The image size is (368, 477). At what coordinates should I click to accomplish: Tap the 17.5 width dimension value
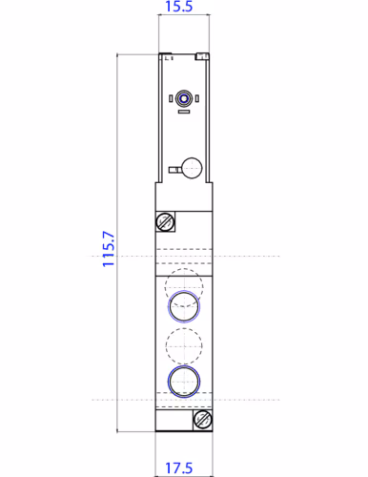182,468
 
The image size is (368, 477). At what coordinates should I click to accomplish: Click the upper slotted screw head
164,222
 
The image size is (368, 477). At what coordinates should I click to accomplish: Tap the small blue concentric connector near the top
183,97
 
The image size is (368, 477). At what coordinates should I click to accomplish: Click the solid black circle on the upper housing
192,169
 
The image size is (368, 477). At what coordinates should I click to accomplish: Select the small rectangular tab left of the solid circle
174,171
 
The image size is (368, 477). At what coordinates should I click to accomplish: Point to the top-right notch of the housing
202,56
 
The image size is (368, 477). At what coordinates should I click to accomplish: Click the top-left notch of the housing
164,55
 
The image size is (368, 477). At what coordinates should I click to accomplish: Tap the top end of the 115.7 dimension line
118,54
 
